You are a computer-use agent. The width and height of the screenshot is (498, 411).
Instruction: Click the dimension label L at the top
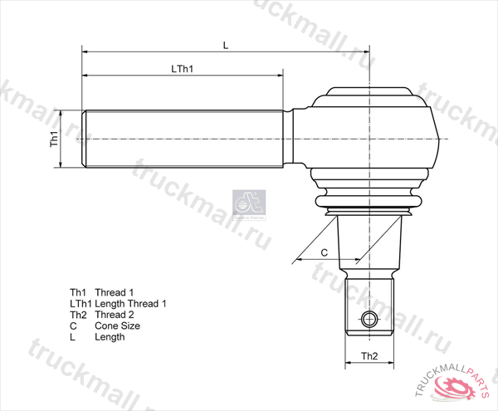click(x=225, y=45)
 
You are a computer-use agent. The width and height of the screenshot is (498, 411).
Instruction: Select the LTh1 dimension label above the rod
click(x=182, y=69)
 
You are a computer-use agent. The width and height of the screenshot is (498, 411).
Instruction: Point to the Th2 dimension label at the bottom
click(x=369, y=356)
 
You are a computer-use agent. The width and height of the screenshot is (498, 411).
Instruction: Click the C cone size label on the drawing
click(x=325, y=251)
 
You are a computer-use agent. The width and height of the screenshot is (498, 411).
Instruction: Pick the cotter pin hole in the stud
click(x=370, y=319)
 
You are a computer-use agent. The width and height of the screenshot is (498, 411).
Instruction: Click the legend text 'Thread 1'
click(x=115, y=293)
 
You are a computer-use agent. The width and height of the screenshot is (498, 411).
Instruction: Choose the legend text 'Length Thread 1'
click(x=130, y=304)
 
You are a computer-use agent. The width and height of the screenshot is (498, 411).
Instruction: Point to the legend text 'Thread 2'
click(x=115, y=315)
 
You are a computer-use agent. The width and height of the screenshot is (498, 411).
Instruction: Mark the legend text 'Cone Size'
click(x=117, y=326)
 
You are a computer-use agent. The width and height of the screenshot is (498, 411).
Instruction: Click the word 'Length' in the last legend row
click(x=110, y=337)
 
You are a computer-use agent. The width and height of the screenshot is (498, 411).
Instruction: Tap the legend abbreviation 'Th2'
click(x=79, y=315)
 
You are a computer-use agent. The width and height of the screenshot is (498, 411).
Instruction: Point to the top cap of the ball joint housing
click(x=371, y=92)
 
